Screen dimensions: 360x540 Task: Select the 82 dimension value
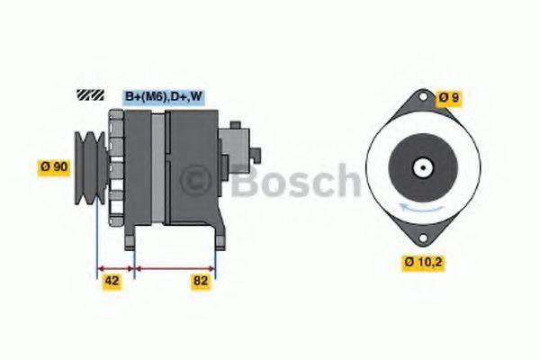201,281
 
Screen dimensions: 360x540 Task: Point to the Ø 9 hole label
448,97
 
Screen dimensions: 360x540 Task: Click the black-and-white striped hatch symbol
92,94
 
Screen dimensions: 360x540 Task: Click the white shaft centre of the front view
420,167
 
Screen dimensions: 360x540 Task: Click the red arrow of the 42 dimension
115,268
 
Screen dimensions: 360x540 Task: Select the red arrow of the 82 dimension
175,268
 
